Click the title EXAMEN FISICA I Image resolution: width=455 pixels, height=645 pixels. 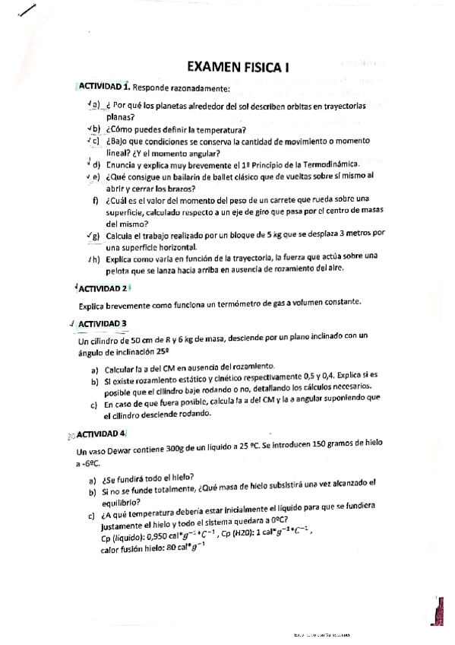coord(237,67)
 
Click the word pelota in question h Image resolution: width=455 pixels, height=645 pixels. coord(122,268)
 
